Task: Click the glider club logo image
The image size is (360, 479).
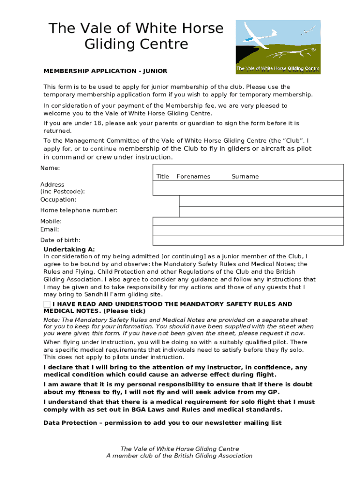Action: (278, 47)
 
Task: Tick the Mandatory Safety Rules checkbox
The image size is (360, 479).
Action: (47, 305)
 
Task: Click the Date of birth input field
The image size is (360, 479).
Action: (248, 240)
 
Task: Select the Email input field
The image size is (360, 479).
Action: (248, 231)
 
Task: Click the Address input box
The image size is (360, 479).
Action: (248, 188)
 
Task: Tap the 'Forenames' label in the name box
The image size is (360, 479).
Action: (193, 176)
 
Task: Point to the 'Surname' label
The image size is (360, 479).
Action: (245, 176)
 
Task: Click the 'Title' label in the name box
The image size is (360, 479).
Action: (163, 176)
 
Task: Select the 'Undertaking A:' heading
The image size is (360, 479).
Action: (69, 249)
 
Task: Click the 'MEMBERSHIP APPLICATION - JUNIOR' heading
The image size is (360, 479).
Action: (105, 71)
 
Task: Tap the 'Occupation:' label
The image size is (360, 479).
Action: (58, 200)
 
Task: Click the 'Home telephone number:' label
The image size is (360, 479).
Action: (79, 210)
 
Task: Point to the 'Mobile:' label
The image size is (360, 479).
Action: (51, 221)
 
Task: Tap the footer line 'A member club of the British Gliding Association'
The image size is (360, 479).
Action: (180, 456)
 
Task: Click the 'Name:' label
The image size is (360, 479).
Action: (50, 168)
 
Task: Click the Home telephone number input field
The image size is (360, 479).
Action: (261, 211)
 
